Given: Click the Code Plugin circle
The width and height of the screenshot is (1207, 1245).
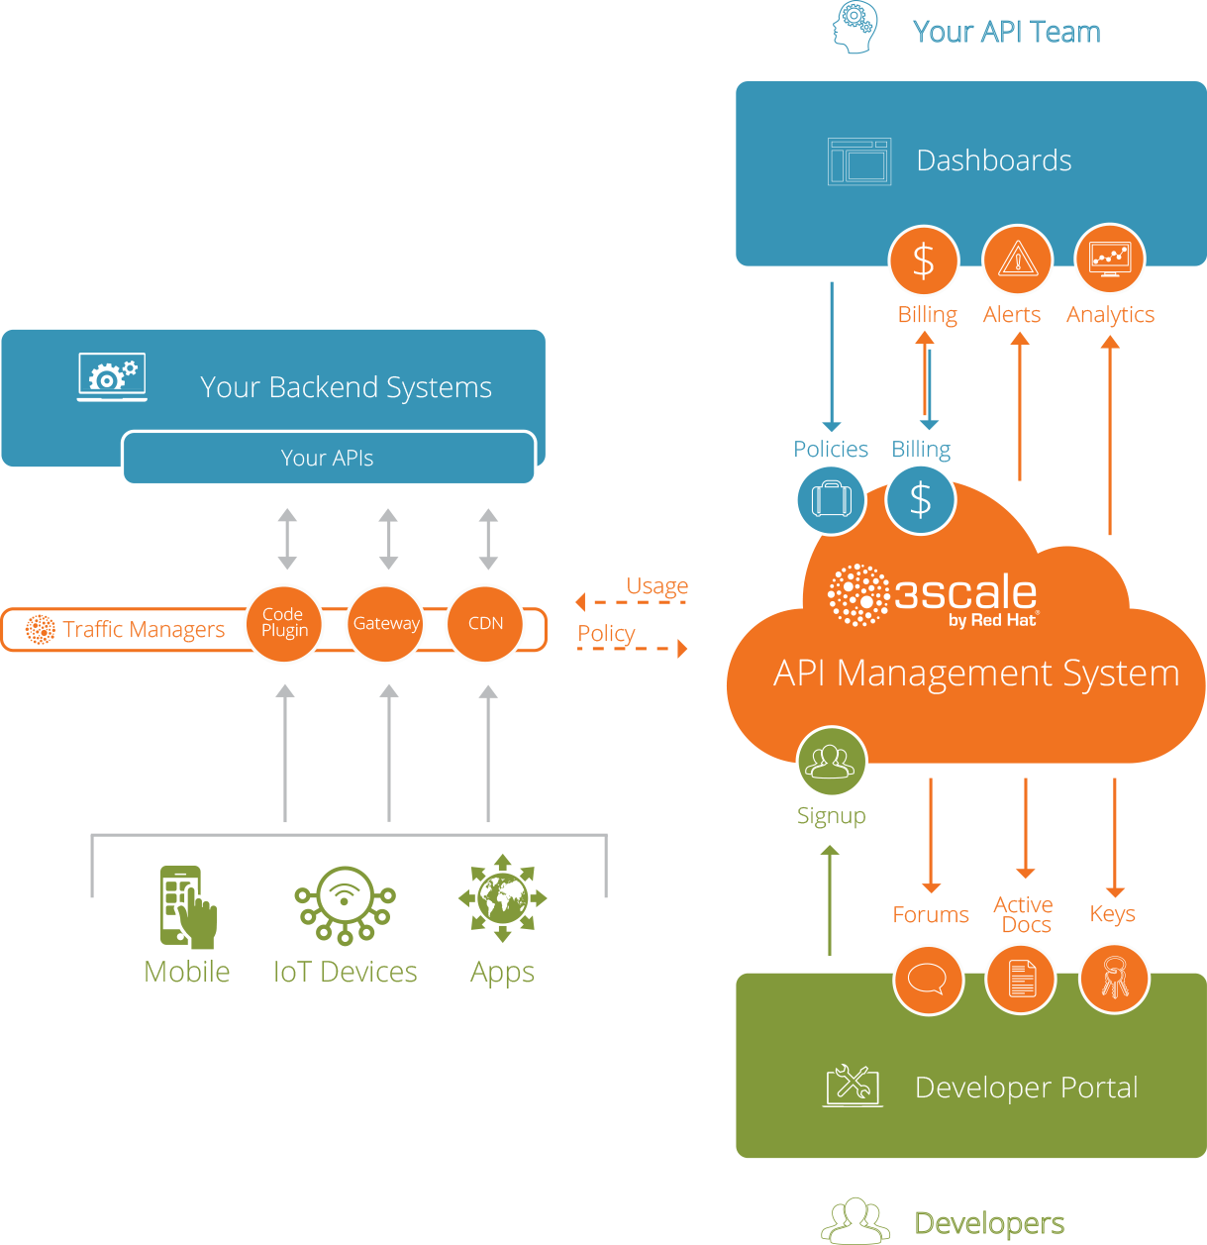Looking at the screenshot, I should click(x=284, y=623).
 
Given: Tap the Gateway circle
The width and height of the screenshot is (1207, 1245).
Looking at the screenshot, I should click(x=386, y=623).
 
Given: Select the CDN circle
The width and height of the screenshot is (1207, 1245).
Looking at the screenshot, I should click(x=485, y=623).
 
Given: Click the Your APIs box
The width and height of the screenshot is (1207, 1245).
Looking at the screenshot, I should click(x=328, y=458).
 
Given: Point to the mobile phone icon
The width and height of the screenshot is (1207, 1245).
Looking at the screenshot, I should click(x=186, y=906).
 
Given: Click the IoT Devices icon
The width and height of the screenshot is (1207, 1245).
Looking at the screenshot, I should click(x=345, y=904).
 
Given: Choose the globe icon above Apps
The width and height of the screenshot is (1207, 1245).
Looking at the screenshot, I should click(x=503, y=898).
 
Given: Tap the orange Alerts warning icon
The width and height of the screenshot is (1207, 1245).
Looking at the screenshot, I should click(x=1017, y=260).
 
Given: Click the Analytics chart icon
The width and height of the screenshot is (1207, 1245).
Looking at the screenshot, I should click(x=1109, y=259).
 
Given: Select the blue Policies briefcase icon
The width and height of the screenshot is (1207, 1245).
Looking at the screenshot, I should click(x=831, y=499).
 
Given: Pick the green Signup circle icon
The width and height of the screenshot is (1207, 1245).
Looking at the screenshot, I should click(x=832, y=762).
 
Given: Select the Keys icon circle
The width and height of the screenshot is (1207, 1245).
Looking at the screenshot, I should click(x=1114, y=979).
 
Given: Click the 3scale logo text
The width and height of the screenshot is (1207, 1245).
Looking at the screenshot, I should click(x=965, y=593).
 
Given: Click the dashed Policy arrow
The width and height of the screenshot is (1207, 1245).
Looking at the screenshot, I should click(x=634, y=649).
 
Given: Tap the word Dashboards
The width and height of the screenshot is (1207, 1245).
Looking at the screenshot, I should click(x=994, y=160).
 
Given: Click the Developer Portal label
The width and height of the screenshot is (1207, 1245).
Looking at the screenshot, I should click(x=1026, y=1088).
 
